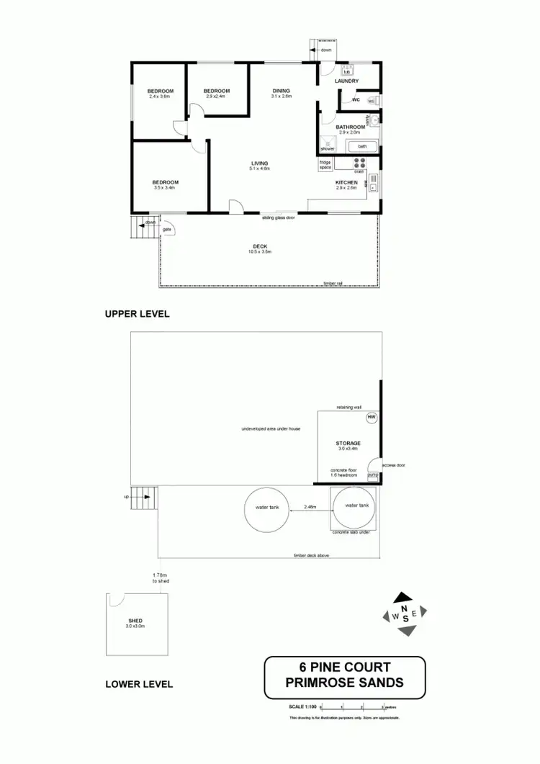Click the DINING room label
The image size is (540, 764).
(x=281, y=91)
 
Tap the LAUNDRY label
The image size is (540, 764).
(x=346, y=81)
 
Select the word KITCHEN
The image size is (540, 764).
(x=346, y=183)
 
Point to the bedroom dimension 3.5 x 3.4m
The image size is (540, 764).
(x=165, y=187)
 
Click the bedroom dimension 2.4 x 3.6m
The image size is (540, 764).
(x=160, y=96)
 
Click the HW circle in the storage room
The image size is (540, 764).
(x=372, y=418)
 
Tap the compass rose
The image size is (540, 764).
(x=405, y=614)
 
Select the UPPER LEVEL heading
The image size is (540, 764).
(x=136, y=315)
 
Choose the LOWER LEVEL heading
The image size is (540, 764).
(x=139, y=684)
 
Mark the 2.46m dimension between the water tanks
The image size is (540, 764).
(x=310, y=507)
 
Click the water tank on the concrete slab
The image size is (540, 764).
(x=356, y=507)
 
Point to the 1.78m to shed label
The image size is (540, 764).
(x=160, y=578)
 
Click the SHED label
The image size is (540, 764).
(x=135, y=621)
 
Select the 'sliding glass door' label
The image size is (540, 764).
(x=278, y=217)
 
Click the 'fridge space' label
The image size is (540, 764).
(x=325, y=165)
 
